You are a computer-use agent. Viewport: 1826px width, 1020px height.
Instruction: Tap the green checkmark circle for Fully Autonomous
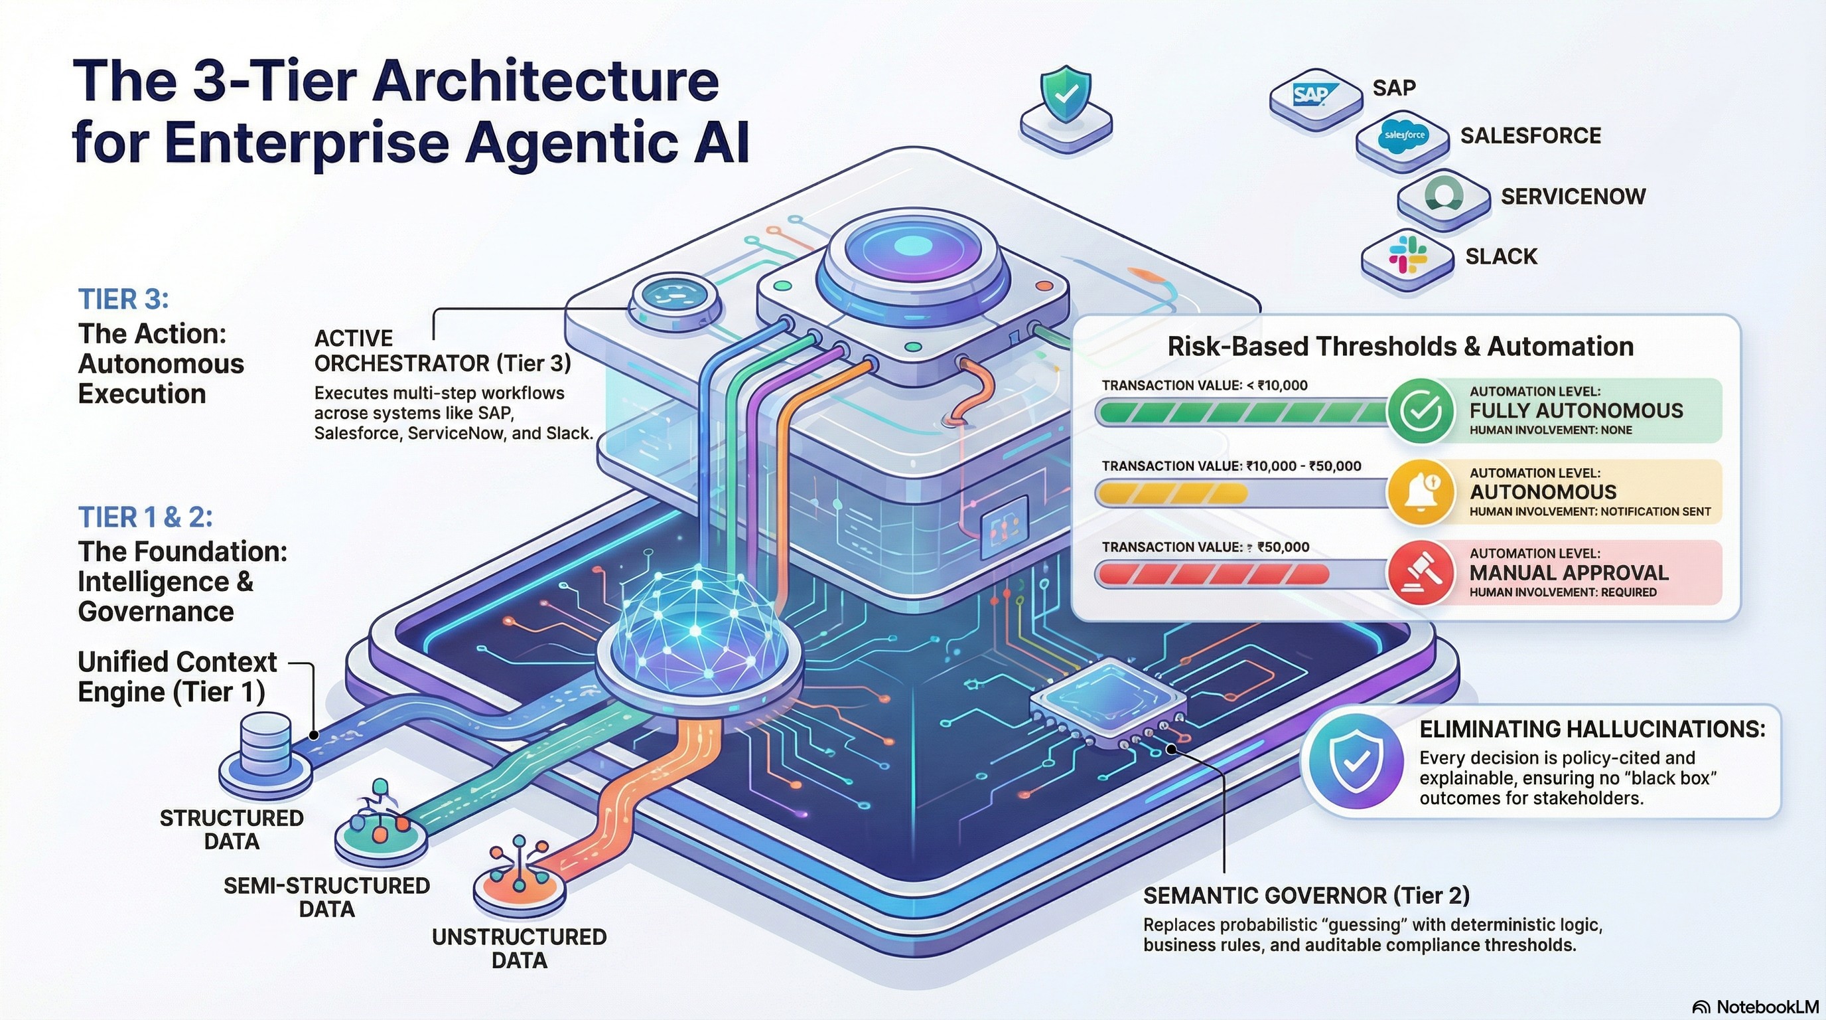(1421, 410)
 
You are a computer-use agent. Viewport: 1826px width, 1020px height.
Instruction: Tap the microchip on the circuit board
(1107, 699)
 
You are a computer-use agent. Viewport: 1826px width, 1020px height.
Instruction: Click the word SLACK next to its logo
(1502, 256)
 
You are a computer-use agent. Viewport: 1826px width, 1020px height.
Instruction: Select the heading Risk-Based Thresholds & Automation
(1400, 346)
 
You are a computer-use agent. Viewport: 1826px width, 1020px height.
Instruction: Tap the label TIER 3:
(123, 299)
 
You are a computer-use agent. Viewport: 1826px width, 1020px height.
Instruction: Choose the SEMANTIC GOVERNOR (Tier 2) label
(1306, 896)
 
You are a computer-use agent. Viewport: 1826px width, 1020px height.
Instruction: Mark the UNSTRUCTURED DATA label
(519, 948)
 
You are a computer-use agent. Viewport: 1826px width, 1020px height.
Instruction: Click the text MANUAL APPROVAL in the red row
(1569, 572)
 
